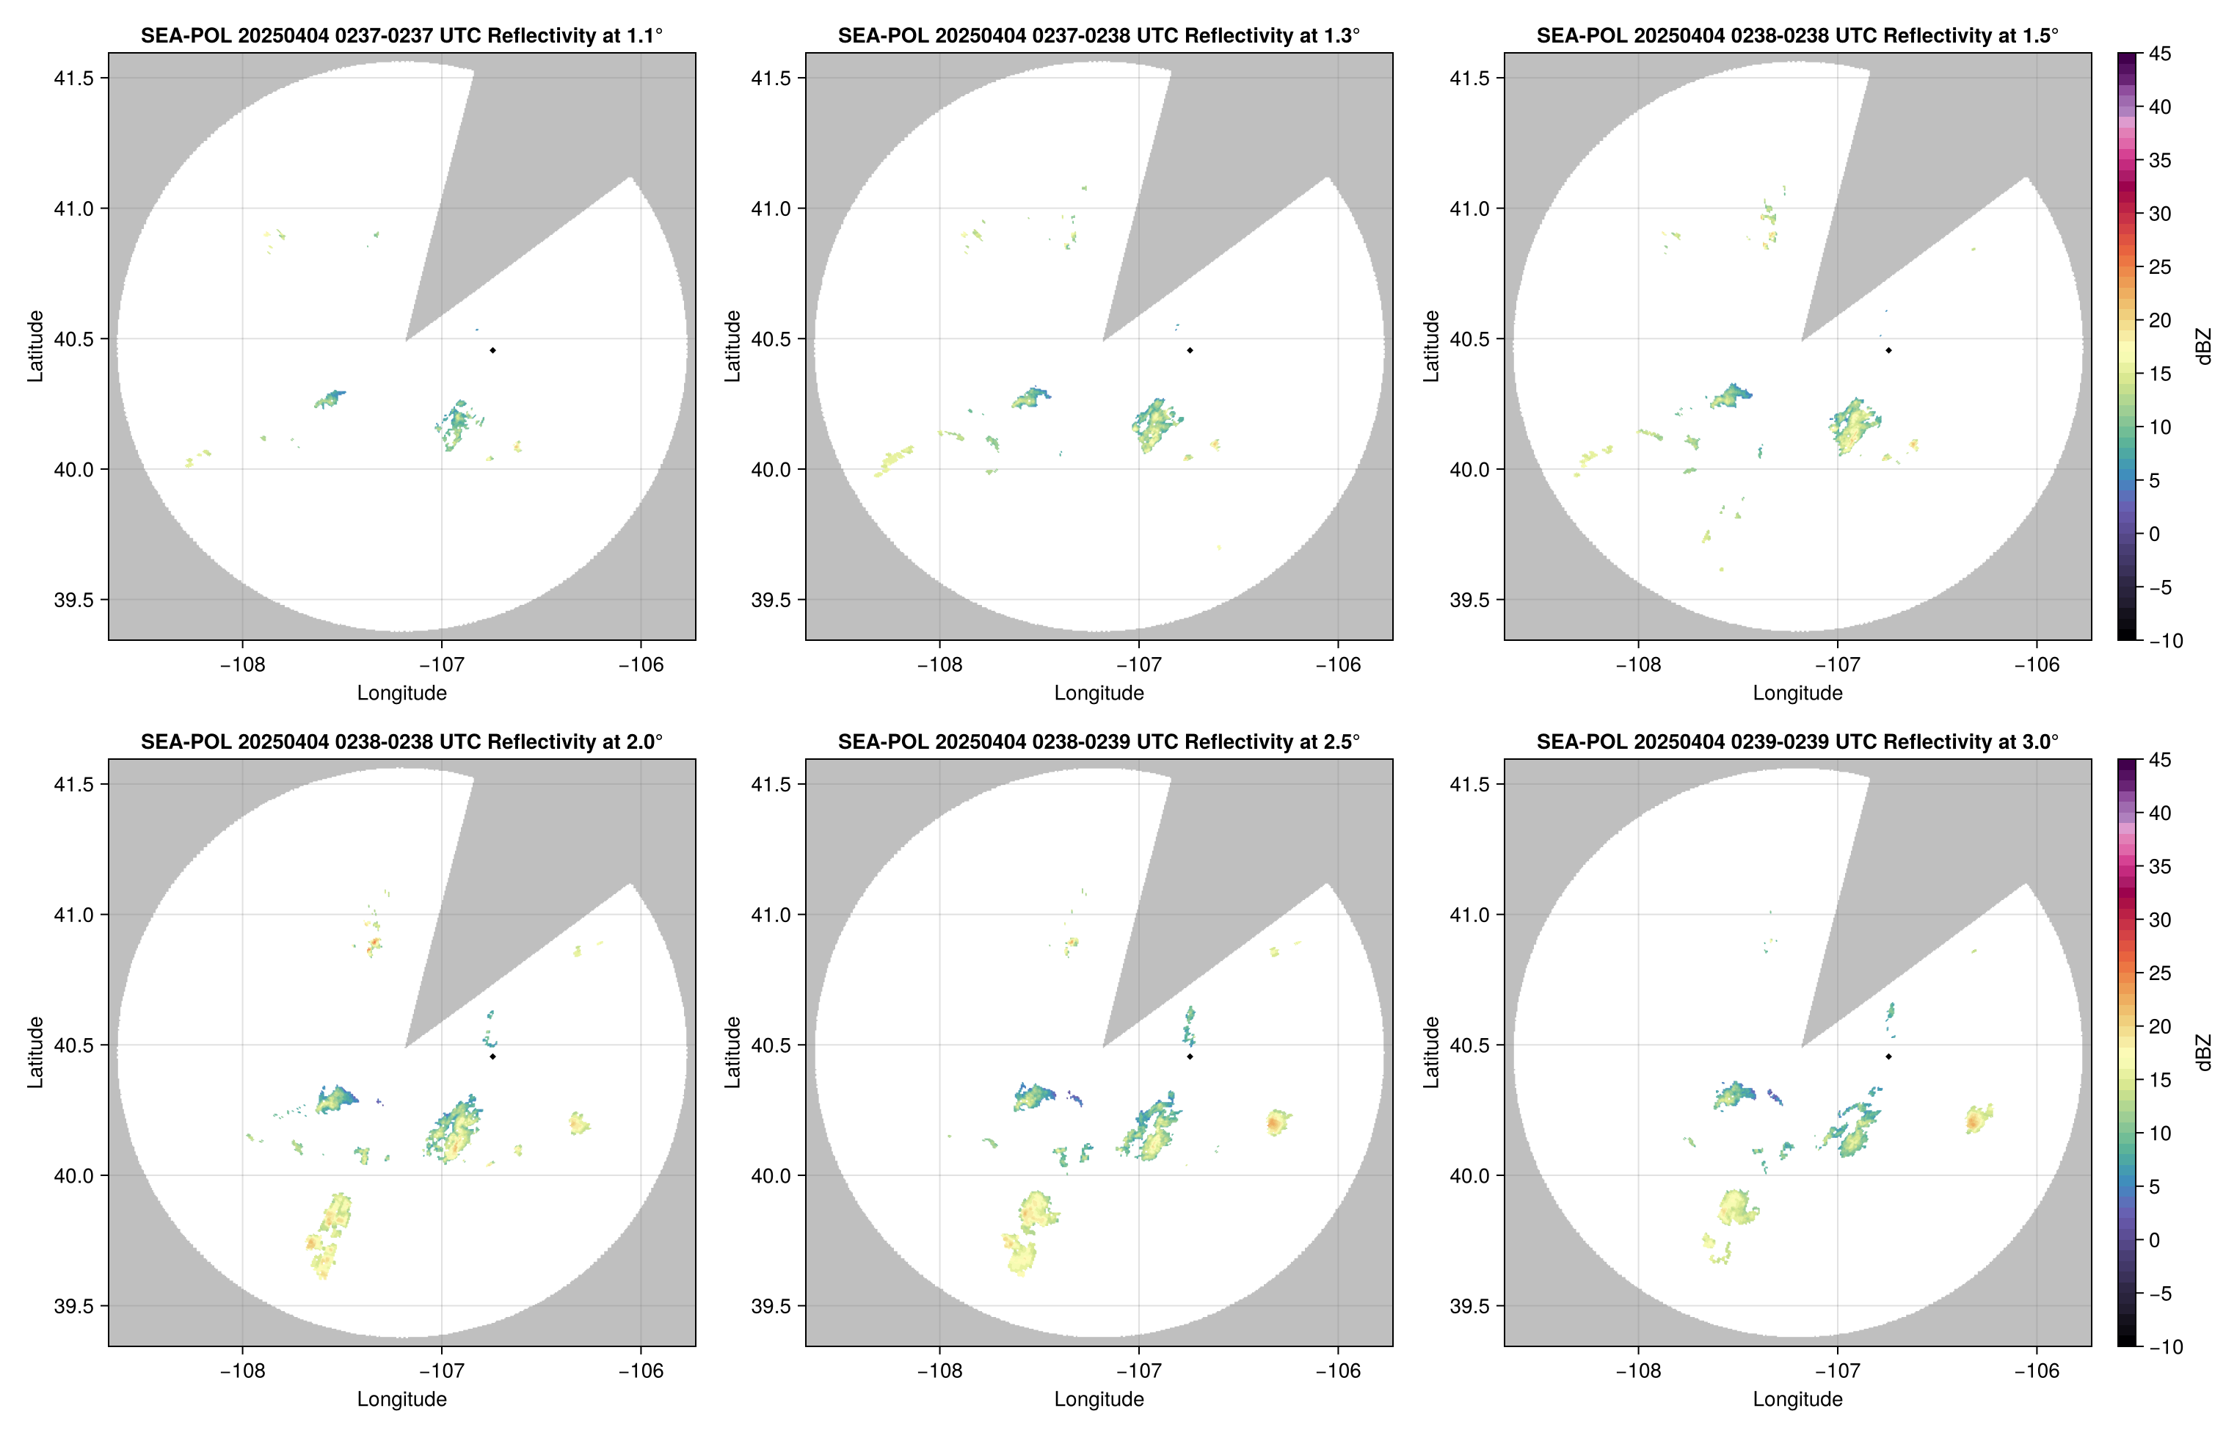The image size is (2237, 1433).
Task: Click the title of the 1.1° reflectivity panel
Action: click(x=401, y=35)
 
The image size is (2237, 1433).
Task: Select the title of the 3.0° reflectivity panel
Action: click(x=1797, y=741)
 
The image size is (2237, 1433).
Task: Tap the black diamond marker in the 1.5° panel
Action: click(x=1888, y=350)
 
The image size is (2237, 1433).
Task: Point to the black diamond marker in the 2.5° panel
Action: click(x=1190, y=1056)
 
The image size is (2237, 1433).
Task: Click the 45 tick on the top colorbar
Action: click(x=2160, y=54)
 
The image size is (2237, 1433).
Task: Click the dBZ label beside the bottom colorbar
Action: click(x=2202, y=1053)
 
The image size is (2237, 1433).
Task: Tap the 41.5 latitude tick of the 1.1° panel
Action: click(x=74, y=78)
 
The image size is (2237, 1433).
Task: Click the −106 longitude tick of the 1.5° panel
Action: click(x=2036, y=664)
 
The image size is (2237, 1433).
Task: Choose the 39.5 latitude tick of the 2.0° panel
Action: click(x=74, y=1305)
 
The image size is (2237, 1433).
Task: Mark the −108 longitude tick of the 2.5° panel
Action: click(x=939, y=1371)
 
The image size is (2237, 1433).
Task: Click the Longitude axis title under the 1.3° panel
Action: click(x=1099, y=693)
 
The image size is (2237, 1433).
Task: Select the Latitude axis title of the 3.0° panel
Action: click(x=1431, y=1053)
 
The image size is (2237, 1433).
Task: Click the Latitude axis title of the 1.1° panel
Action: click(x=35, y=347)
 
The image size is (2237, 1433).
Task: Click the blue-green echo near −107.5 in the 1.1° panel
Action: click(x=331, y=399)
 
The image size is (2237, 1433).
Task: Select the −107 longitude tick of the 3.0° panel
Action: click(x=1837, y=1371)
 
